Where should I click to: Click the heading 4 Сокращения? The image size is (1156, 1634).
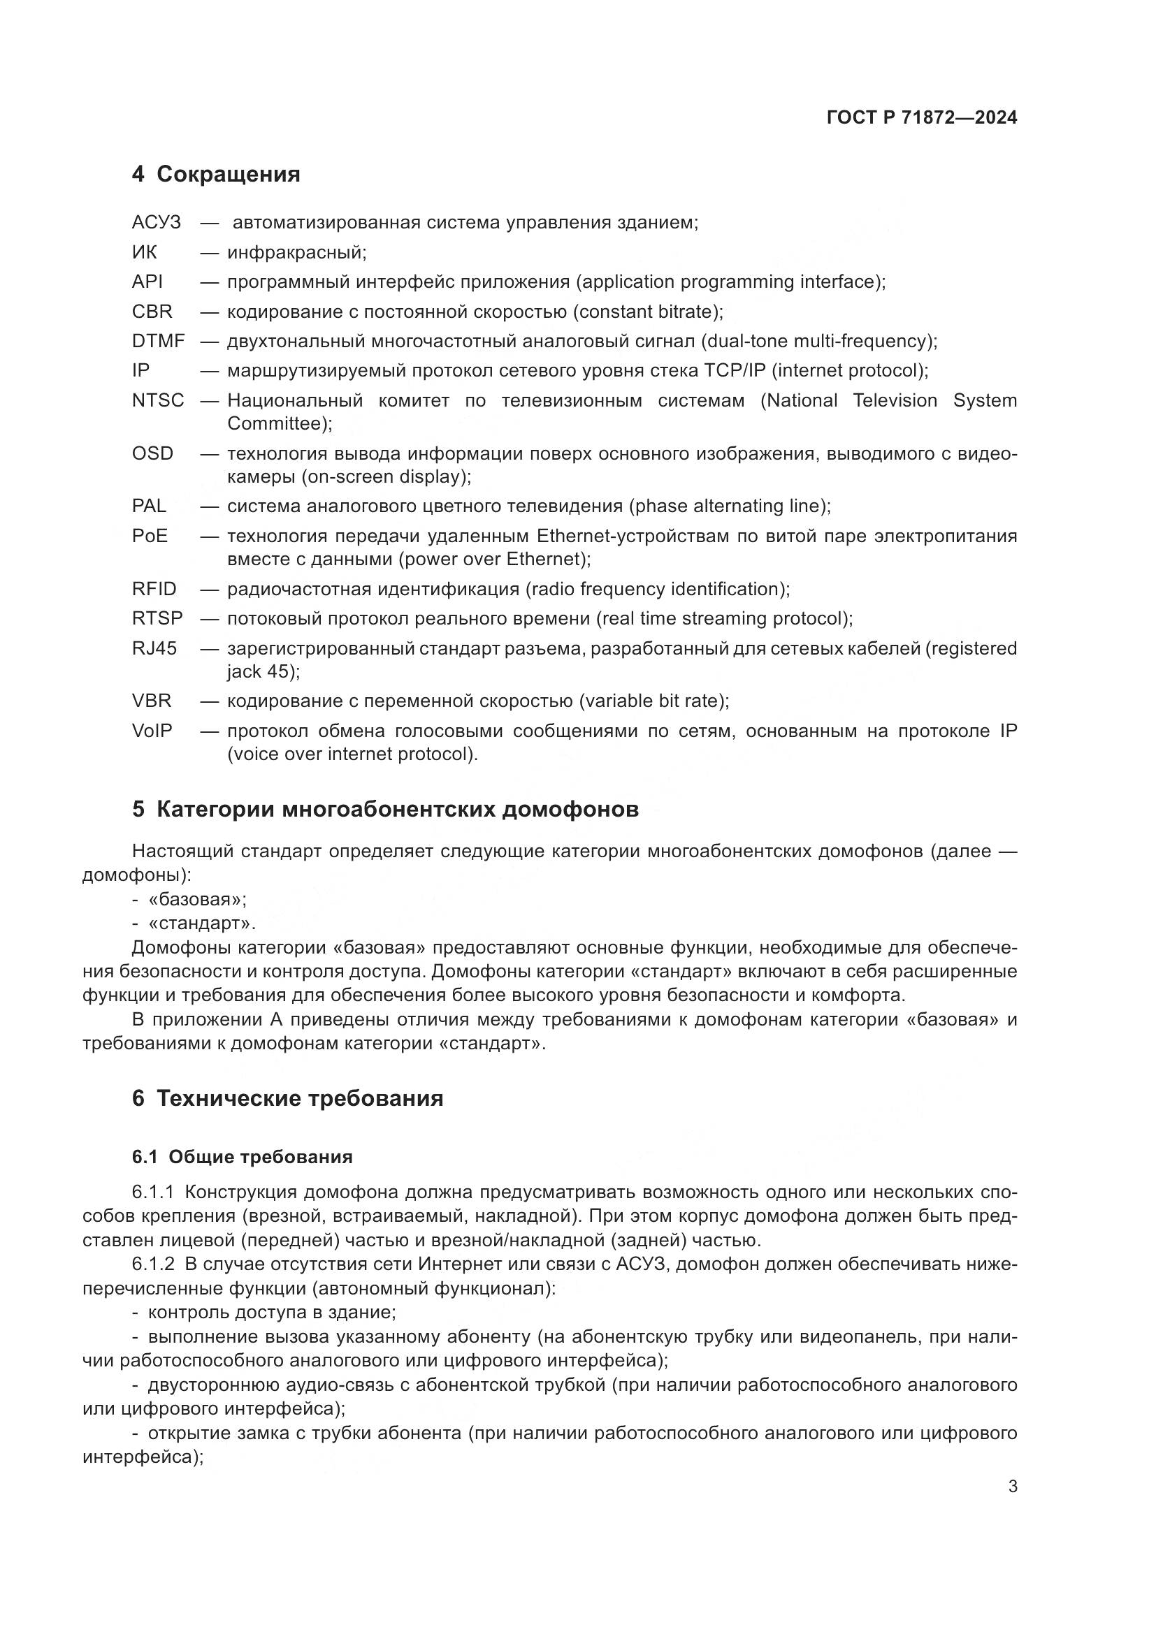[x=216, y=175]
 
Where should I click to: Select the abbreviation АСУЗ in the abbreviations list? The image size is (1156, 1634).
[x=156, y=223]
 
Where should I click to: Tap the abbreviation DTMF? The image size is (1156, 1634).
[x=158, y=341]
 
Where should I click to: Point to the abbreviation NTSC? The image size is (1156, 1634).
[x=158, y=401]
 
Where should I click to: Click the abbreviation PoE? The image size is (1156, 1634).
[x=150, y=536]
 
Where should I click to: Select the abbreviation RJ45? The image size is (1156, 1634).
[x=154, y=648]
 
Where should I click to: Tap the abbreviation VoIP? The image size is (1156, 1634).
[x=152, y=731]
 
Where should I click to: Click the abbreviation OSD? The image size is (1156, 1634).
[x=152, y=453]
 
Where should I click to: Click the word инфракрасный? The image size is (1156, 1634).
[x=296, y=253]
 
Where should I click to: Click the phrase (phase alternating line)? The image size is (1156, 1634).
[x=729, y=506]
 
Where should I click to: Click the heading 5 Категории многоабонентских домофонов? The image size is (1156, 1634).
[x=385, y=810]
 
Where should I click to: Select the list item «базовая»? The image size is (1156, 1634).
[x=196, y=900]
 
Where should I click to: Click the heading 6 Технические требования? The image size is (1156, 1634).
[x=287, y=1098]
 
